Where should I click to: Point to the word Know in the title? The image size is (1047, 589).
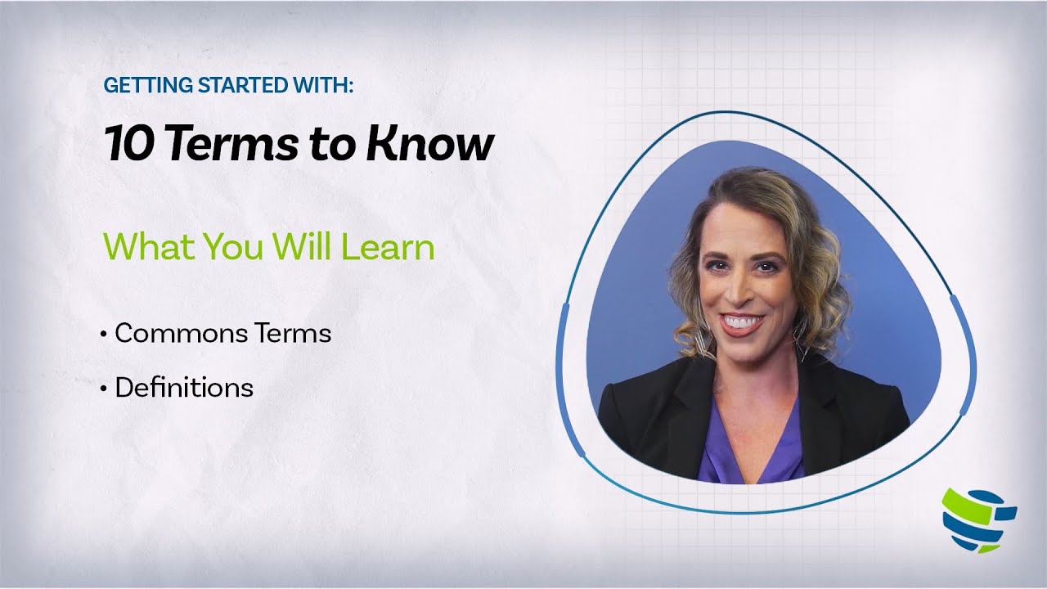coord(430,144)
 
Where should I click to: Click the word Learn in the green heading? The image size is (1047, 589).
coord(388,246)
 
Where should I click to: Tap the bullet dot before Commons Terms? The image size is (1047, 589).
coord(104,335)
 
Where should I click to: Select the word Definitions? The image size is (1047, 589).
coord(184,387)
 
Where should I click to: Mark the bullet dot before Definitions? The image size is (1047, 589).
coord(104,389)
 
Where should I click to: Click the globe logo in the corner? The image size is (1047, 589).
coord(978,519)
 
